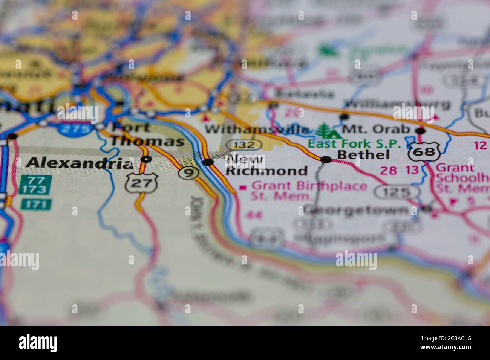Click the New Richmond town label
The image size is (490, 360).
point(266,165)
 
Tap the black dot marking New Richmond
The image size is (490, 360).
point(208,162)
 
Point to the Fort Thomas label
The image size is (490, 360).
point(147,135)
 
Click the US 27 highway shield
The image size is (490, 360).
point(142,183)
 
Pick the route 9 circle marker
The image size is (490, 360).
point(188,173)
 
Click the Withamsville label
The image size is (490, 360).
point(256,130)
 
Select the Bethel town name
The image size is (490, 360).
point(363,155)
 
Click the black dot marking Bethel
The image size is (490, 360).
point(326,160)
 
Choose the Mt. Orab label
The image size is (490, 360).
point(376,129)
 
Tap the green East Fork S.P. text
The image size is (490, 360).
point(354,143)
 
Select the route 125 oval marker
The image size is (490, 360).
point(397,192)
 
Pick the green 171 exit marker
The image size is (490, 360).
point(36,204)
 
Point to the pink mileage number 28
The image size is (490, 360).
point(388,171)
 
